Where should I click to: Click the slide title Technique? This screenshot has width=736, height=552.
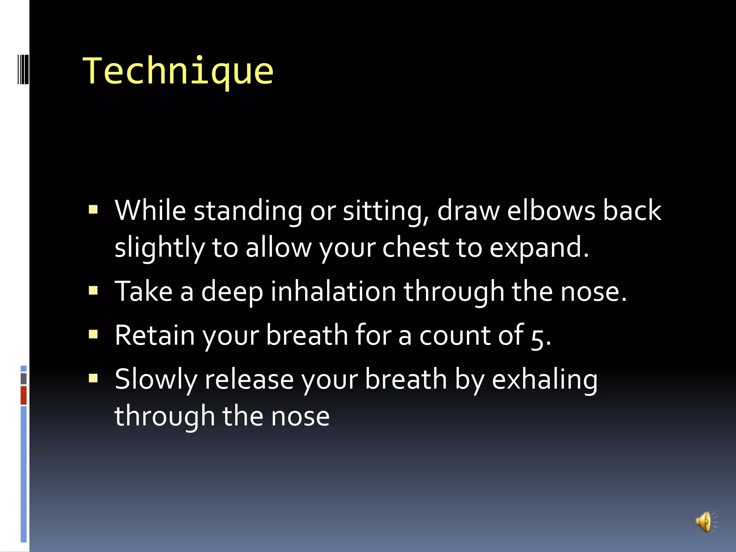(x=178, y=71)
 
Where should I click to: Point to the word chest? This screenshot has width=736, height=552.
(x=415, y=248)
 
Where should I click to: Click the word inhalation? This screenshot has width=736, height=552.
(x=333, y=291)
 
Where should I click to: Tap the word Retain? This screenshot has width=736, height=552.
(x=155, y=335)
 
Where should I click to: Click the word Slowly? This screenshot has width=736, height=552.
(x=156, y=380)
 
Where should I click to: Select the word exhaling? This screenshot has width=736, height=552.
(x=544, y=380)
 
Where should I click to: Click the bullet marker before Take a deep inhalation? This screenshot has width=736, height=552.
(x=93, y=290)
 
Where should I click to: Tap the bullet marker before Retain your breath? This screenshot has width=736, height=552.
(x=93, y=335)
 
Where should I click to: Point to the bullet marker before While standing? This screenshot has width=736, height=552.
(x=93, y=210)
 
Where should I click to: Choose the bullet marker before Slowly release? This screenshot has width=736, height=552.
(x=93, y=378)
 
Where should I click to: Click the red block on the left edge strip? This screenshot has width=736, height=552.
(x=23, y=395)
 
